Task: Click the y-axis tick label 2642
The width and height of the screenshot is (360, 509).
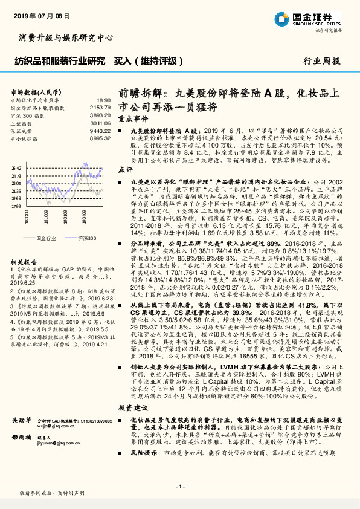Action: [x=16, y=167]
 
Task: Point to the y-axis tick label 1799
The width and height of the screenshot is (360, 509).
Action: [x=16, y=206]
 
